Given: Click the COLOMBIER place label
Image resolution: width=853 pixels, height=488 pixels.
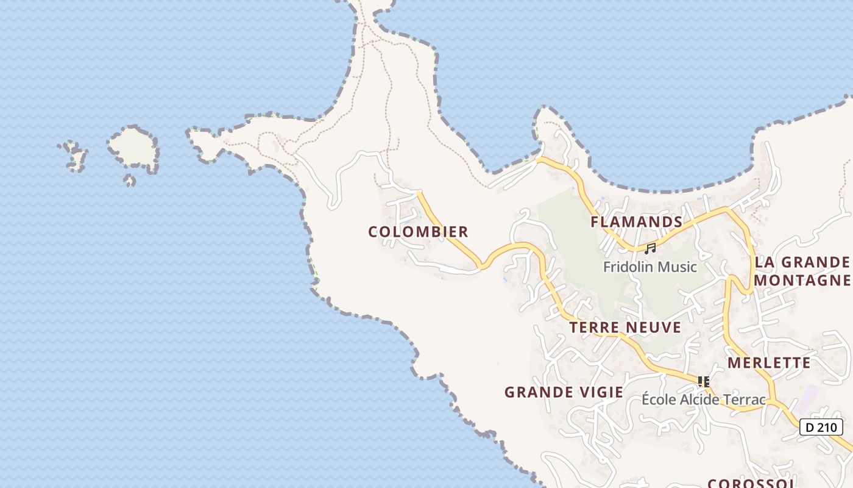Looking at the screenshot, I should coord(418,232).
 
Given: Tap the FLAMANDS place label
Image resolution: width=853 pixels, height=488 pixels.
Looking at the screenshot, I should coord(636,221).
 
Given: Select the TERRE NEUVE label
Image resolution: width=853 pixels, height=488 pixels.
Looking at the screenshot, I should coord(625,328).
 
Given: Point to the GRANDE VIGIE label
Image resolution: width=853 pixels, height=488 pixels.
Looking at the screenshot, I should coord(564,392).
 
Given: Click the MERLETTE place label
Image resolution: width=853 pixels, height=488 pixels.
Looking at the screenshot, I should coord(769,363).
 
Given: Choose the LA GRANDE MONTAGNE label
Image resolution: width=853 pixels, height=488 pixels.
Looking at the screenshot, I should coord(801,271).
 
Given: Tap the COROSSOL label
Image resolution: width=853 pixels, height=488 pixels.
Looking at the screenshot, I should coord(750,483).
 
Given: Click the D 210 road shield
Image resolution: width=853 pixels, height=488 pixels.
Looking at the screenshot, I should coord(821,427).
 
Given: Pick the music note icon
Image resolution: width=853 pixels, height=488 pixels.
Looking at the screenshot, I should coord(650,248).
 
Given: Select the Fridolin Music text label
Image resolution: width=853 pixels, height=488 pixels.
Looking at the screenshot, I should coord(650,267).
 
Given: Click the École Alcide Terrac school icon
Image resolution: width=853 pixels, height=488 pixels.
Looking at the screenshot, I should coord(704,382).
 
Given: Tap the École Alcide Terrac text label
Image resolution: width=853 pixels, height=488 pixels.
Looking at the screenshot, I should coord(704,400).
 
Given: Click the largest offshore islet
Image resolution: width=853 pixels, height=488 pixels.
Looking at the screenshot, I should coord(133,147).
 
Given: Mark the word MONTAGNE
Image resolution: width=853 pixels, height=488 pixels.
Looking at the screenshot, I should coord(801,280).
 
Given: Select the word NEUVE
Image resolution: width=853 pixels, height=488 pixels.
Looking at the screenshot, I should coord(654,328).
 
